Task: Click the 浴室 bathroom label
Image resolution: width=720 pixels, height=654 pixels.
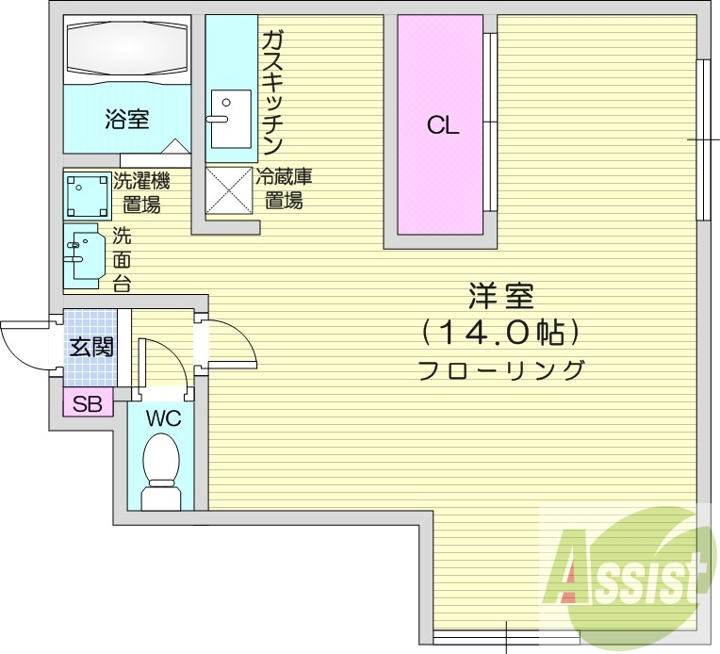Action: pos(127,120)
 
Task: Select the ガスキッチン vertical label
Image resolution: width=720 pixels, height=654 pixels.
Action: pos(272,91)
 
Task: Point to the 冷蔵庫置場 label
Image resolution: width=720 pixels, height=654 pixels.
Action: pos(284,188)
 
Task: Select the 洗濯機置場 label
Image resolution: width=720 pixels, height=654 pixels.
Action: pos(140,192)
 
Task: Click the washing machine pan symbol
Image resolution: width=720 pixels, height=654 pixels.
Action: pos(88,196)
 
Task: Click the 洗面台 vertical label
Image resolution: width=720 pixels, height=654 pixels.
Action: pos(123,258)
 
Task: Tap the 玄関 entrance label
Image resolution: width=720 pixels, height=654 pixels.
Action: pos(91,347)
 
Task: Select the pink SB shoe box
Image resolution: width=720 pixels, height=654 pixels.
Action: pos(89,404)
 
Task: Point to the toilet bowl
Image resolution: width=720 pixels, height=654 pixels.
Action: pos(161,466)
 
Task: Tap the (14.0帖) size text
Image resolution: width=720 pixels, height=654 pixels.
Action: pos(500,332)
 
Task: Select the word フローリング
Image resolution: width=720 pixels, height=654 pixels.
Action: pos(500,369)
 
